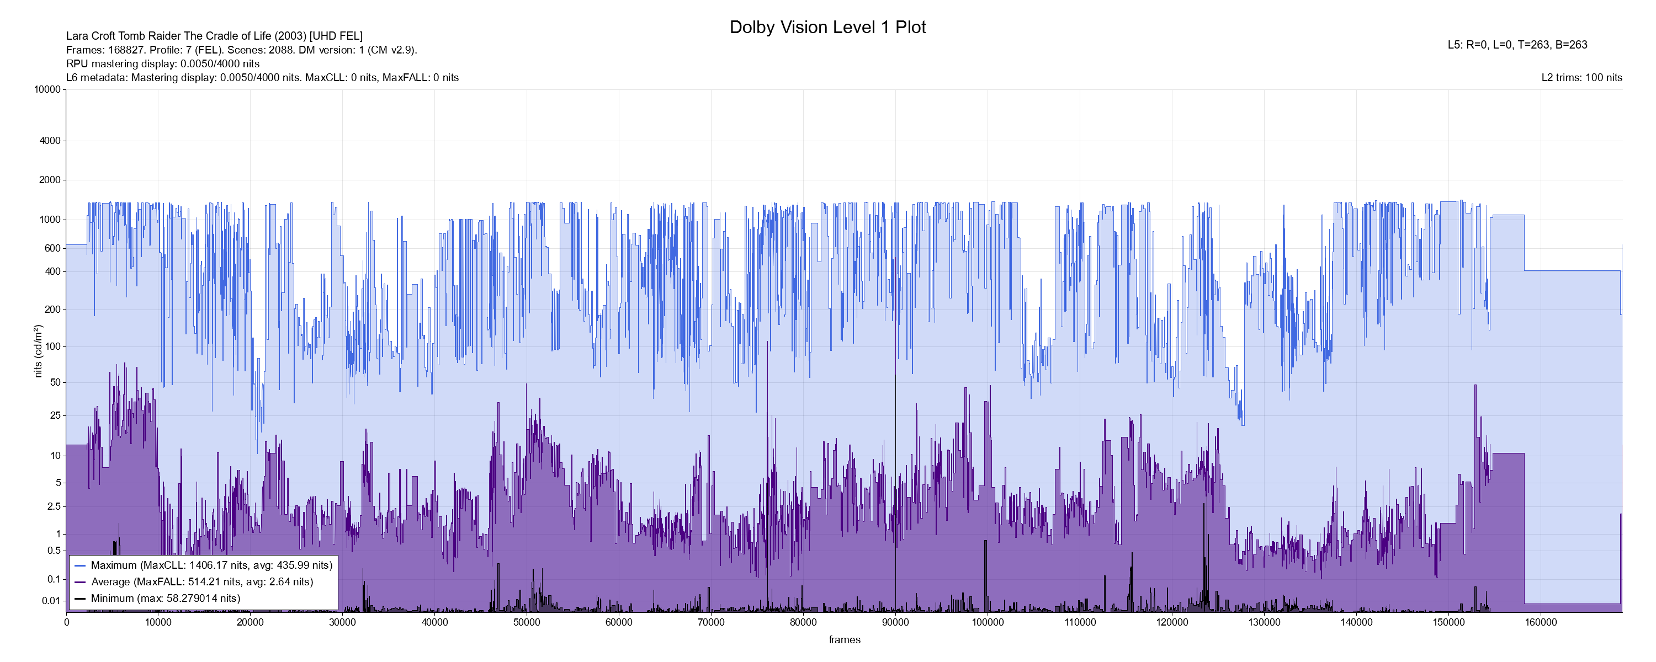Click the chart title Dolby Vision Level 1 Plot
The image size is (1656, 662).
tap(827, 28)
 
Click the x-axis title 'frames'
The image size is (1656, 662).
tap(844, 640)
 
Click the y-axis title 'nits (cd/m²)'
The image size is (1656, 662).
tap(38, 351)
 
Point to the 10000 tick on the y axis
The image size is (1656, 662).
tap(47, 89)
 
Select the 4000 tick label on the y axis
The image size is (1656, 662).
tap(50, 141)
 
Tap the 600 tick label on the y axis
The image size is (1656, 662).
tap(52, 248)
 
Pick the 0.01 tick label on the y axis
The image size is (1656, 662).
tap(51, 601)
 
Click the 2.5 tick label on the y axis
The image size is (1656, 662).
tap(54, 506)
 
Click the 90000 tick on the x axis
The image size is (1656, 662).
tap(895, 622)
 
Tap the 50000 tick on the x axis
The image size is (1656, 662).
tap(527, 622)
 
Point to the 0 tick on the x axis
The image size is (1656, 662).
tap(66, 622)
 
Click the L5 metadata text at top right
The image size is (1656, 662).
tap(1517, 45)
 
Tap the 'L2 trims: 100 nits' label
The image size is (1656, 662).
tap(1581, 78)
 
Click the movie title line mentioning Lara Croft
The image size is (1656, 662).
tap(214, 36)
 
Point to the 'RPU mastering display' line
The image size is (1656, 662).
tap(163, 63)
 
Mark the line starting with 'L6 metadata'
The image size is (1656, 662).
tap(262, 78)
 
